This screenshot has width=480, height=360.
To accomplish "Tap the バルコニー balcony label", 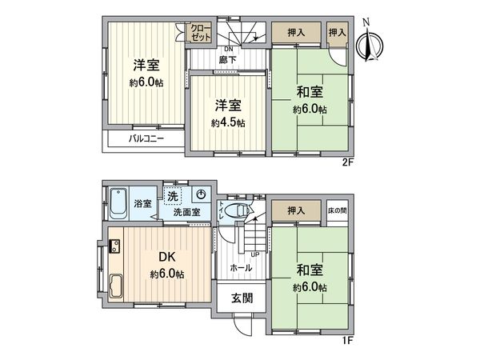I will click(x=146, y=138).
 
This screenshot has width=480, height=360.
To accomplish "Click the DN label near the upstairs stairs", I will click(x=228, y=49).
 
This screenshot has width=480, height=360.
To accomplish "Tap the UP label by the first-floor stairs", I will click(x=254, y=254).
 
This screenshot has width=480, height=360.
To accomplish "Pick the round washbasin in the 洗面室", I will click(x=201, y=195).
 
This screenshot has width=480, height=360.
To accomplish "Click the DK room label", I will click(x=166, y=258).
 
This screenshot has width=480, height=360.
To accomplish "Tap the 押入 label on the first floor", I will click(x=295, y=210).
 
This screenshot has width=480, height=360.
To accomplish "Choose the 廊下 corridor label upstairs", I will click(x=228, y=60).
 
